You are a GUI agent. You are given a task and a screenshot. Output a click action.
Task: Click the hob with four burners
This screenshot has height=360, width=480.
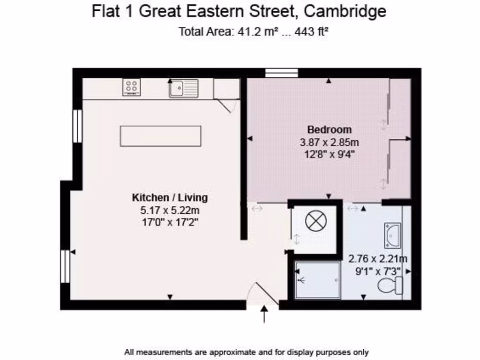tap(131, 87)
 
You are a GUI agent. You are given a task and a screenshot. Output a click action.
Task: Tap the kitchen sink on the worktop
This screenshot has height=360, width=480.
tap(183, 88)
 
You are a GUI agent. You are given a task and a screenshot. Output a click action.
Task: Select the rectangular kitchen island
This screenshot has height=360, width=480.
tap(160, 136)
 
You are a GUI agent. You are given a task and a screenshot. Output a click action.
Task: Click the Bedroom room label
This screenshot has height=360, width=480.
tap(329, 129)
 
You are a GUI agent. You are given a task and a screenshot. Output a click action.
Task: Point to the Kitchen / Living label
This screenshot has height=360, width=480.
tap(170, 197)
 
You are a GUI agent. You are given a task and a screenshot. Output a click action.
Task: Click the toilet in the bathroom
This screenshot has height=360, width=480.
tap(390, 285)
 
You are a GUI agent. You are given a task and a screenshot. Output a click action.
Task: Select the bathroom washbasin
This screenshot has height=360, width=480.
tap(392, 235)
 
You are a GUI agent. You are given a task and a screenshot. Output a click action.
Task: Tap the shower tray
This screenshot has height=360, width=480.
tap(318, 280)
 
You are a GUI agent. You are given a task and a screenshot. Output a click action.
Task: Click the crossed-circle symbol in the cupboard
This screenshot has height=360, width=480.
tap(314, 221)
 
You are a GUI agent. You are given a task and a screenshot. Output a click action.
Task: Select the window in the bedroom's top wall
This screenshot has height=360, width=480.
tap(281, 72)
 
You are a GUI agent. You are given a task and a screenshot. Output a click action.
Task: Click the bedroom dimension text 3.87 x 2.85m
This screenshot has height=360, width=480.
tap(329, 142)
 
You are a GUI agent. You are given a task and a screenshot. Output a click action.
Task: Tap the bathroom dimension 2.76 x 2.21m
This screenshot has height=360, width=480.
tap(378, 259)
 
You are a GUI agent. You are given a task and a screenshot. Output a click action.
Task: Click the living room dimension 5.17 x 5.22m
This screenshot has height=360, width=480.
tap(170, 210)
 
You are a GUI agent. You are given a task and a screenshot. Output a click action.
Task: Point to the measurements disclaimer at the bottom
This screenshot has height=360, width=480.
tap(247, 352)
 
